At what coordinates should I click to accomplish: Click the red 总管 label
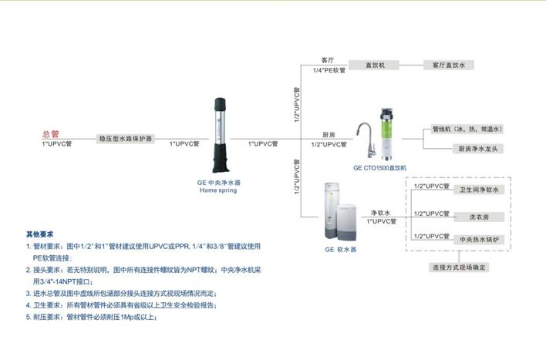(50, 133)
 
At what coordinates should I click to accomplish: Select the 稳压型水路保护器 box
(125, 140)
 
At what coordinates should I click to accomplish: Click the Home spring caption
(219, 190)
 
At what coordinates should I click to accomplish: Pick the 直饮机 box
(376, 66)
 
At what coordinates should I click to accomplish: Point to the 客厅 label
(327, 59)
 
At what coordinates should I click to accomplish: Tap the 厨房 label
(328, 134)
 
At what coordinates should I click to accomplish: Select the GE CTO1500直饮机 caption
(379, 167)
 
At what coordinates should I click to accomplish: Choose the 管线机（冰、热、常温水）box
(467, 129)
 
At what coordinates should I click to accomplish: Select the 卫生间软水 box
(480, 190)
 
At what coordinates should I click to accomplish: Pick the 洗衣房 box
(480, 217)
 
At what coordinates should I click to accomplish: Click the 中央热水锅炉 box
(480, 240)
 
